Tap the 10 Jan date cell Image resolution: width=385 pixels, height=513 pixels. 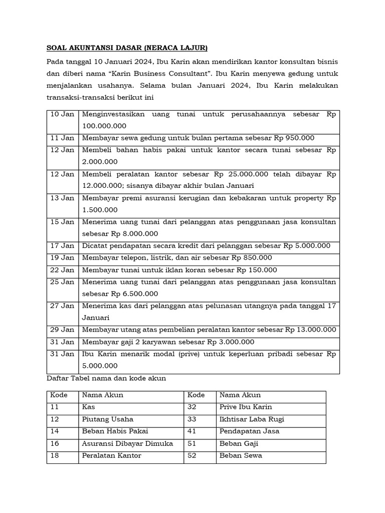(63, 114)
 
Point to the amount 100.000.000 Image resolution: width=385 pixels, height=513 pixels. (104, 126)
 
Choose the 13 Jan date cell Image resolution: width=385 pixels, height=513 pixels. (63, 198)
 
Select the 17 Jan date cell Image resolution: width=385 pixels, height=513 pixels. (63, 246)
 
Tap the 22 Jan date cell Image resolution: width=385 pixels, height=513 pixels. (63, 270)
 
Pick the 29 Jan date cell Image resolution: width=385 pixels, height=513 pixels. (63, 330)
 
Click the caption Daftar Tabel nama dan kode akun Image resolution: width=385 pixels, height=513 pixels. (106, 379)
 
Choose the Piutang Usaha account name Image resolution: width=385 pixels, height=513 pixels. (108, 419)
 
